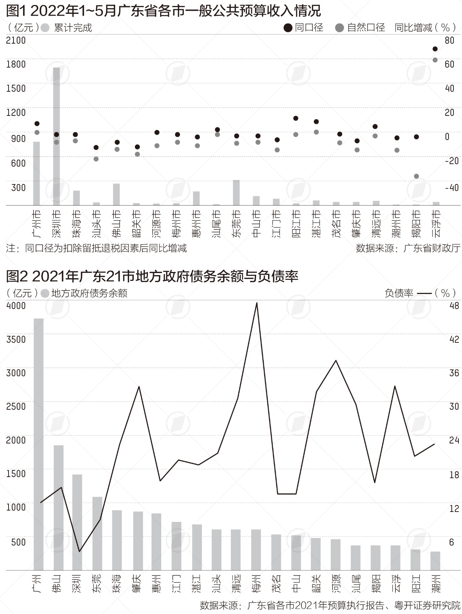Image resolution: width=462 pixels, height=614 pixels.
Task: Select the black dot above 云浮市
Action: [x=435, y=49]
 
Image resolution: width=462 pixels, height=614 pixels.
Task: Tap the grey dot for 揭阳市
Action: [x=416, y=176]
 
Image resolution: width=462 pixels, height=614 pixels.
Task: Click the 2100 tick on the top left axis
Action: [x=16, y=40]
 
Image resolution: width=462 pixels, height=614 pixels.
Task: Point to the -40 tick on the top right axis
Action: [x=451, y=187]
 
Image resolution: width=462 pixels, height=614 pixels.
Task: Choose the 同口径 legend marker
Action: [x=288, y=28]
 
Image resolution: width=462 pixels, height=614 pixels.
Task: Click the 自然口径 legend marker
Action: [x=340, y=28]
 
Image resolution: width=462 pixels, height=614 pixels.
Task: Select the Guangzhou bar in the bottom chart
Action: [x=38, y=444]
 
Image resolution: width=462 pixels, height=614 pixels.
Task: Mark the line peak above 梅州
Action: [x=257, y=303]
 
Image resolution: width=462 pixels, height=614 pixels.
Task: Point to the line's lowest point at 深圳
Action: [x=79, y=551]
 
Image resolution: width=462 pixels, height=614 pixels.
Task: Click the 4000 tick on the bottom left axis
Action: [x=16, y=306]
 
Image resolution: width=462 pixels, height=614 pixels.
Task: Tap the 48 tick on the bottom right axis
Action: [x=454, y=306]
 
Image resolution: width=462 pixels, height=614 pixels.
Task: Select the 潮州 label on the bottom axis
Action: [x=436, y=583]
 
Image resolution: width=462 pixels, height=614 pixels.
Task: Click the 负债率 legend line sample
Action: [x=424, y=293]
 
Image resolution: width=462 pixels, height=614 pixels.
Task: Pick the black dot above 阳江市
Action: [x=295, y=118]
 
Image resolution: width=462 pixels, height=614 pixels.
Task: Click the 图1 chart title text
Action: [x=163, y=11]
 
